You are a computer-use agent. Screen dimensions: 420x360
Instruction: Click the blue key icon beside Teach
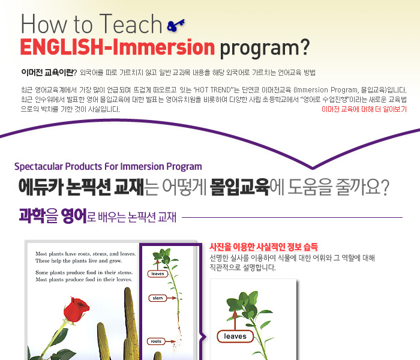[176, 25]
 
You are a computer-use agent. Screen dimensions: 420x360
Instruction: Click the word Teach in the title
[130, 24]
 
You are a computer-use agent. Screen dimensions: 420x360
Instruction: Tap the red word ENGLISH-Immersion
[118, 47]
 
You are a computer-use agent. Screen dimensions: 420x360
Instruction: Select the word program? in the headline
[265, 49]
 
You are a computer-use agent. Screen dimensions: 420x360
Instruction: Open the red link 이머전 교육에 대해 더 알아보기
[364, 109]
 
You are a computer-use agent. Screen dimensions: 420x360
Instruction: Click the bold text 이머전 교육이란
[47, 73]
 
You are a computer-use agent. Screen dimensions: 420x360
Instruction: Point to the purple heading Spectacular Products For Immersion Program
[108, 167]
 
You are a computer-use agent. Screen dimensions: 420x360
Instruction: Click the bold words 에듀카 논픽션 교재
[82, 187]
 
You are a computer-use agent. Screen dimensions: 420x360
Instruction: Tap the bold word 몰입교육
[240, 187]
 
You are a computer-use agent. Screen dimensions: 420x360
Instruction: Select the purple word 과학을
[38, 215]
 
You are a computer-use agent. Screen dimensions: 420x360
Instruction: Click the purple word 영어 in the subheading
[74, 215]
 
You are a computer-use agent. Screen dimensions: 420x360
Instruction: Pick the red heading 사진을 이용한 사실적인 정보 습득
[263, 247]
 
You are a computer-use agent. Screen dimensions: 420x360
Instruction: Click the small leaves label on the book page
[157, 274]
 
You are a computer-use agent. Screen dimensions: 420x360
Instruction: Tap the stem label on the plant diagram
[157, 298]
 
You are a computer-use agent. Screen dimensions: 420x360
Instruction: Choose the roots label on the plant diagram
[156, 341]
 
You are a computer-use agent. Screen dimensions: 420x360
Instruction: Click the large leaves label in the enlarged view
[235, 337]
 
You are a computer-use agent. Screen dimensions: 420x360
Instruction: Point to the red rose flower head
[76, 309]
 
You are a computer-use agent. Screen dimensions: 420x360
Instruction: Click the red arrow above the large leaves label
[235, 320]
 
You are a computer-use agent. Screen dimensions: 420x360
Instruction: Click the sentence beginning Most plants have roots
[85, 254]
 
